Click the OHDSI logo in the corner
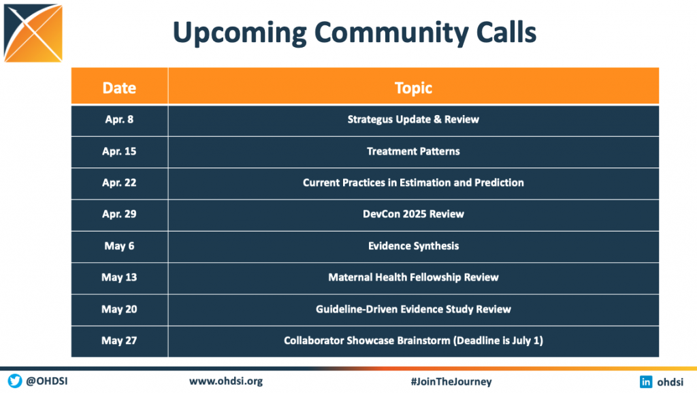click(33, 33)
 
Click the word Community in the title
click(391, 33)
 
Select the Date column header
click(119, 88)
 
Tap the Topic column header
click(413, 88)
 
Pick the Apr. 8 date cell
click(119, 119)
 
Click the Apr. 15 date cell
click(119, 151)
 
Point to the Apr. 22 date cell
click(119, 183)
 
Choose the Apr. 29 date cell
click(119, 214)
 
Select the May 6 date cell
click(119, 246)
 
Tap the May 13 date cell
click(119, 277)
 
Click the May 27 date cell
click(119, 341)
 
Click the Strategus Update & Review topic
click(413, 119)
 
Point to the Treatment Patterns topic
click(413, 151)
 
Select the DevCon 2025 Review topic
click(413, 214)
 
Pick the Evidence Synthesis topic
click(413, 246)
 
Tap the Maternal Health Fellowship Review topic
click(413, 277)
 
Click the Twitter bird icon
click(15, 381)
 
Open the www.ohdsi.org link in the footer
click(226, 381)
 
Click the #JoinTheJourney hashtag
click(451, 381)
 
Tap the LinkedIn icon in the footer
click(646, 381)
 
